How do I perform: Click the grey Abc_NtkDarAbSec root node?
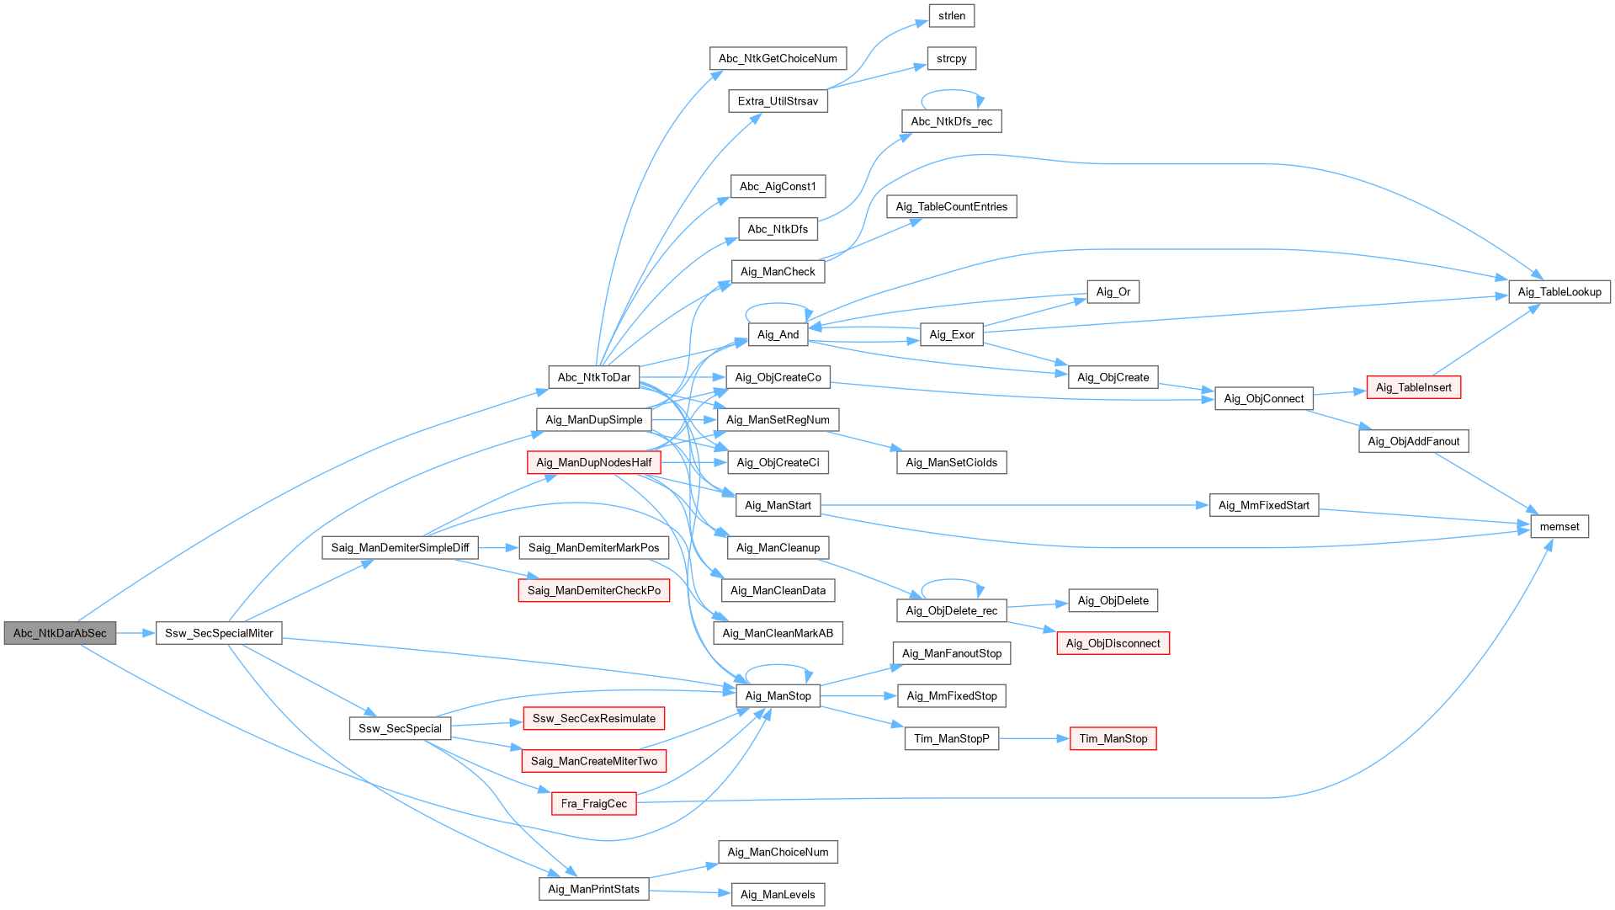click(60, 633)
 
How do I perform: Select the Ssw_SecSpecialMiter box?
click(219, 633)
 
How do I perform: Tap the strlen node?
click(952, 16)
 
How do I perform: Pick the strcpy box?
click(952, 59)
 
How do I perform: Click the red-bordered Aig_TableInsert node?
click(1414, 387)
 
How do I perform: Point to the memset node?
click(1559, 527)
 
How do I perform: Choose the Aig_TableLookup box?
click(1559, 292)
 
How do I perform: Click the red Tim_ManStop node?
click(1113, 739)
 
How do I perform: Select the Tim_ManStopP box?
click(952, 739)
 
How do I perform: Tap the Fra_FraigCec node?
click(594, 804)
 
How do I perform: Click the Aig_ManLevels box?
click(778, 895)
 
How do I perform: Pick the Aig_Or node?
click(1113, 292)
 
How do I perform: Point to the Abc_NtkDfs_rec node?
click(952, 121)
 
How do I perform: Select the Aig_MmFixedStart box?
click(1264, 505)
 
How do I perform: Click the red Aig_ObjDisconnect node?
click(1113, 644)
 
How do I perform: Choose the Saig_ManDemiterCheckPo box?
click(594, 591)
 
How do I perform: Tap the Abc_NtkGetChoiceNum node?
click(778, 59)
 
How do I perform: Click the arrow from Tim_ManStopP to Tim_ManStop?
click(1034, 739)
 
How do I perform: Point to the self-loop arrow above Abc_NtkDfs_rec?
click(952, 91)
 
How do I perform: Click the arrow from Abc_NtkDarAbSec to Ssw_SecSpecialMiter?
click(135, 633)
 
